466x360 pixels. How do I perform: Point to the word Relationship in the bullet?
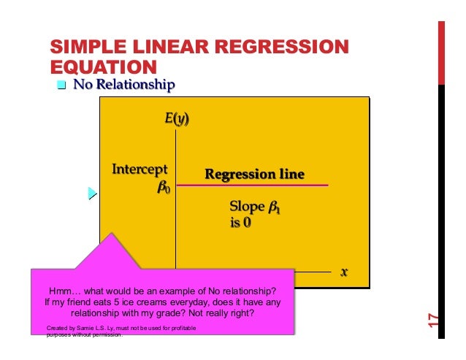coord(139,85)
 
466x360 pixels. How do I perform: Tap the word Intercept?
coord(140,170)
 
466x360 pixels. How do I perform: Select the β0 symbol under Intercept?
coord(164,187)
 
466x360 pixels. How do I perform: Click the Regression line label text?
coord(253,175)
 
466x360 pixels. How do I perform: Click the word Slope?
coord(246,208)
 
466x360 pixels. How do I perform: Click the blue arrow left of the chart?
coord(91,194)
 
